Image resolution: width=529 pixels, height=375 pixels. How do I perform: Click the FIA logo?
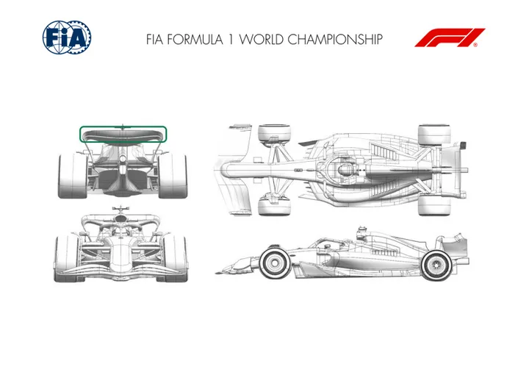(67, 37)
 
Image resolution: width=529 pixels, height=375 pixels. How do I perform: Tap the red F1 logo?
(450, 37)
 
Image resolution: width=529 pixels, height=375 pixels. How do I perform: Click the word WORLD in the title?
(261, 39)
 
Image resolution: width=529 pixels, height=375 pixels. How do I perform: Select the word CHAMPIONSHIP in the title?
(335, 39)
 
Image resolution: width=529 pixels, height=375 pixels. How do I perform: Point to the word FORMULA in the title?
(195, 39)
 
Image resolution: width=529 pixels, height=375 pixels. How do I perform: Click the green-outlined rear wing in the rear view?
(123, 135)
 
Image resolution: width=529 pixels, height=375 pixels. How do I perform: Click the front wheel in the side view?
(275, 262)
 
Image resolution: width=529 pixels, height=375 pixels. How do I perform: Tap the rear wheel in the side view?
(436, 265)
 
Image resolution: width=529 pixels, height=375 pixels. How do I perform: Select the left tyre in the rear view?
(73, 176)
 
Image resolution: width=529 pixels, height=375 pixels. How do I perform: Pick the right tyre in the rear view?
(173, 176)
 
